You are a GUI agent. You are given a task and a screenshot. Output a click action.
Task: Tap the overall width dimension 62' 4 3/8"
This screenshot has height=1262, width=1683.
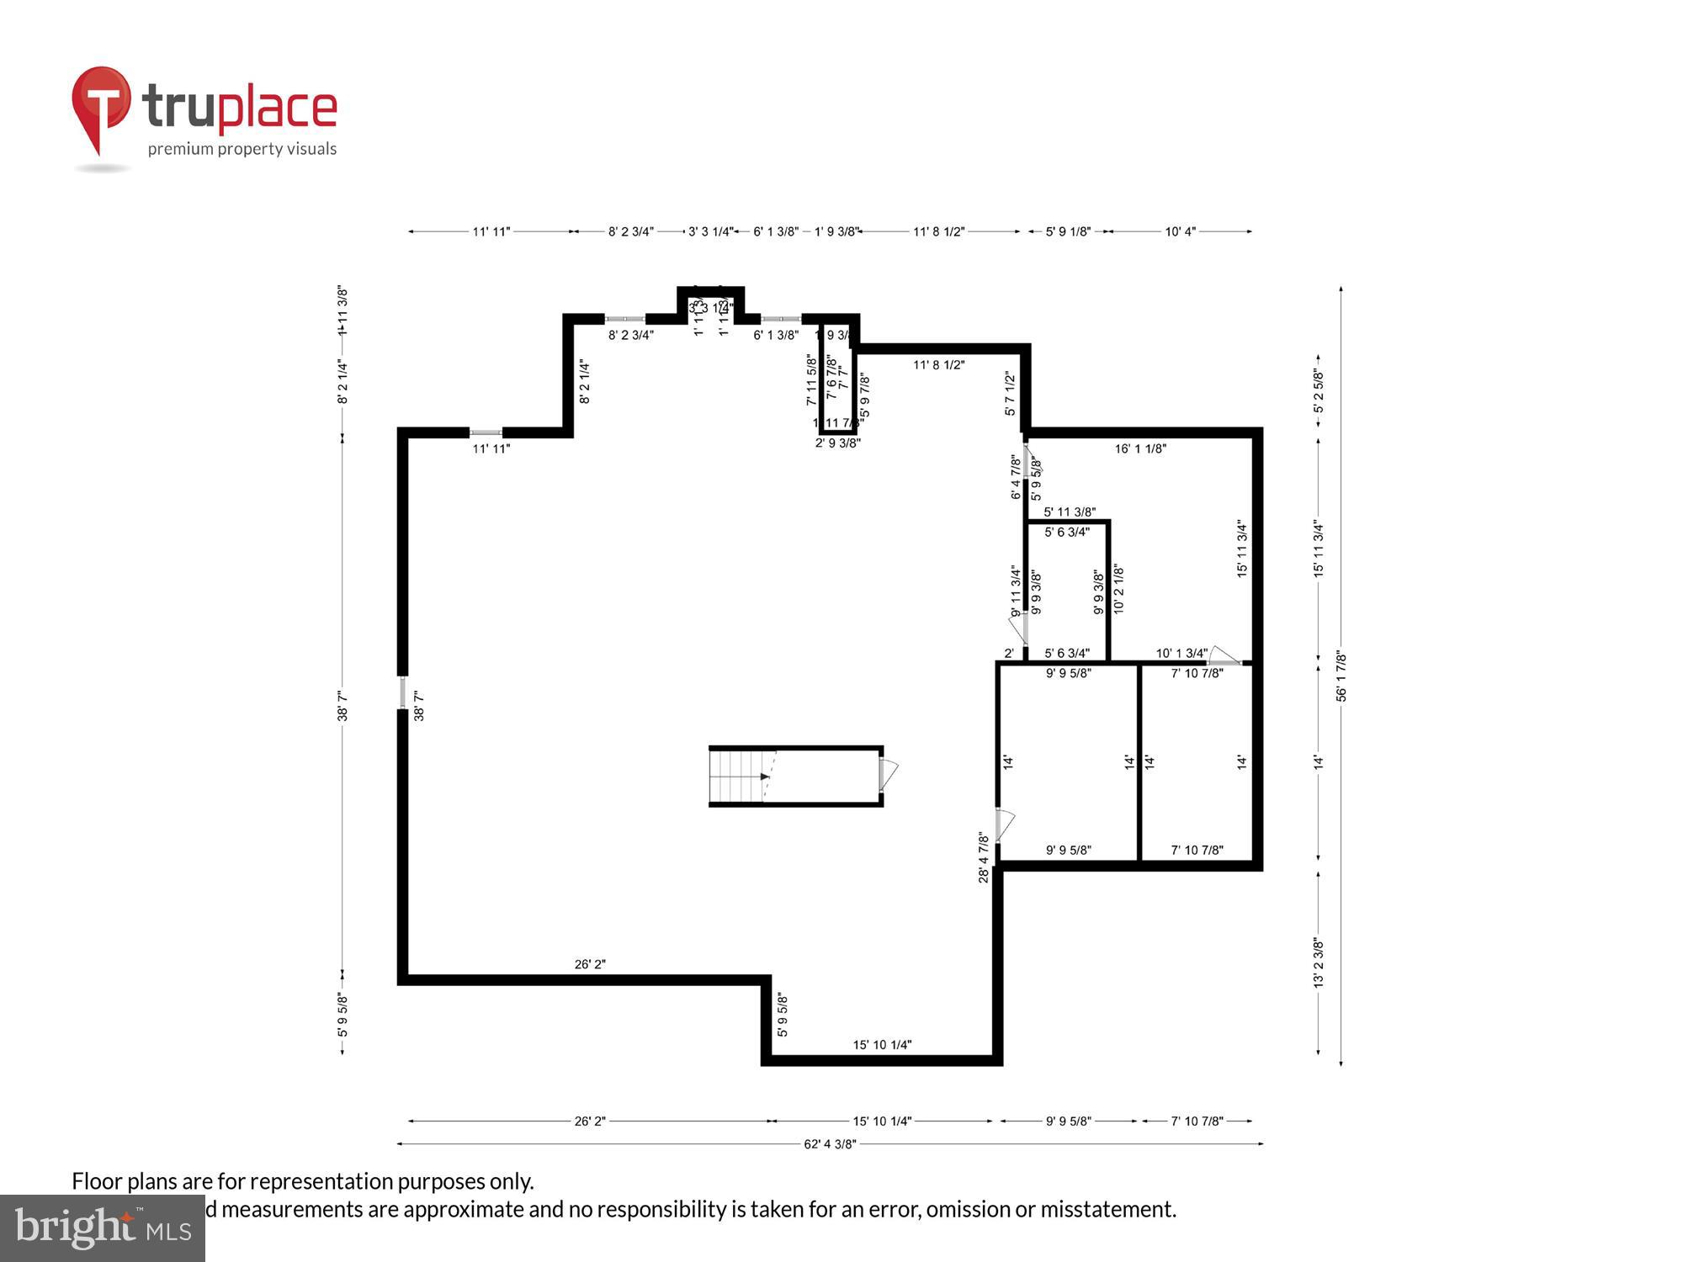coord(830,1144)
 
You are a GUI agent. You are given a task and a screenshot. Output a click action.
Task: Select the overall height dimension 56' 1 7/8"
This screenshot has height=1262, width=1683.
coord(1341,676)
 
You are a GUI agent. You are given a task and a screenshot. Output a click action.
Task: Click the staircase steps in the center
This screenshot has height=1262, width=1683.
coord(737,776)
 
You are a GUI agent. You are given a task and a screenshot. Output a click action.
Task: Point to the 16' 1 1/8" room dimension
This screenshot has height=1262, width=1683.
coord(1140,449)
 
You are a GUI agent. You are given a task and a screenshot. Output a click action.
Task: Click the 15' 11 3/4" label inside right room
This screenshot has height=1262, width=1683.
coord(1242,549)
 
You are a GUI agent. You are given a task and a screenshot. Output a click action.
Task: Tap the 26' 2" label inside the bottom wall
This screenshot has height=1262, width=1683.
coord(590,964)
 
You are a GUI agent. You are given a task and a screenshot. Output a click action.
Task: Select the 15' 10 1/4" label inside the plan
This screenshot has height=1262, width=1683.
coord(882,1045)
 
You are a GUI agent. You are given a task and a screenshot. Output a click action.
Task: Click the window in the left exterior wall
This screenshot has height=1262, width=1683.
coord(403,692)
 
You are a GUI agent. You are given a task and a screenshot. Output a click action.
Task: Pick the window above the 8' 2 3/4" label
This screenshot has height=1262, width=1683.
coord(625,319)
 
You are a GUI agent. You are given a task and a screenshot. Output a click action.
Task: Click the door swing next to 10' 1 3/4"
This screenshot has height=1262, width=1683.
coord(1224,656)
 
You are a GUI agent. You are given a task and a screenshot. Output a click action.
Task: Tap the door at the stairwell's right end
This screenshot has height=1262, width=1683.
coord(888,774)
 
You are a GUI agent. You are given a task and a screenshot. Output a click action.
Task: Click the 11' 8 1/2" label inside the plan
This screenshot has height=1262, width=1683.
coord(938,365)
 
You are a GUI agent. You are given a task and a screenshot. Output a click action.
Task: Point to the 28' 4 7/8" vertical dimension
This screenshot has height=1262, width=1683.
coord(984,857)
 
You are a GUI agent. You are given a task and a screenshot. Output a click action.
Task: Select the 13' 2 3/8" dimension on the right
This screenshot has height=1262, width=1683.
coord(1319,962)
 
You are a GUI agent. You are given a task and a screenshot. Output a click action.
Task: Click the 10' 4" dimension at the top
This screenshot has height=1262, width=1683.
coord(1180,231)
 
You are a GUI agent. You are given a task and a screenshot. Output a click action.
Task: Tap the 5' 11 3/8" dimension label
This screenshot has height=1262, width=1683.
coord(1069,512)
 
